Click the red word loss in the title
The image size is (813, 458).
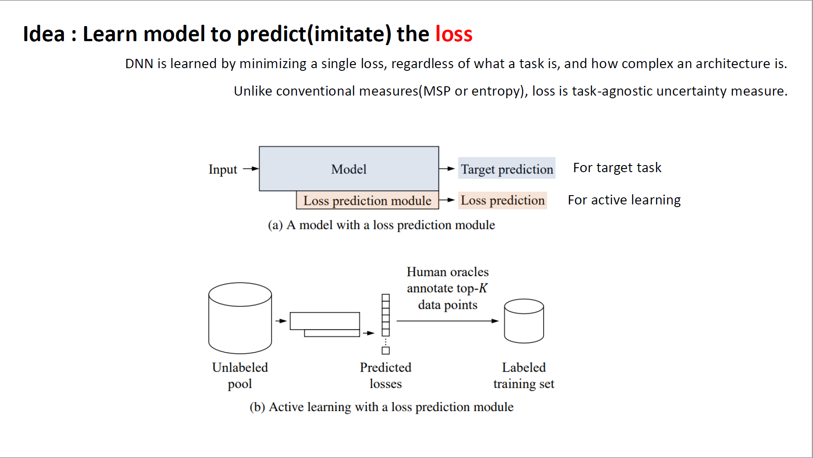(454, 34)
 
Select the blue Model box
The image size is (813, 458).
(349, 169)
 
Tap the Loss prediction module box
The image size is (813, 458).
(367, 200)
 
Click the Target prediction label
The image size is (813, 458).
(507, 169)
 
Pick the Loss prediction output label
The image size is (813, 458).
(502, 200)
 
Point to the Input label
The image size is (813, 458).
(223, 169)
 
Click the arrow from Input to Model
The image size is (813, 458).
(251, 169)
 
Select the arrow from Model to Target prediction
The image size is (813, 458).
(447, 169)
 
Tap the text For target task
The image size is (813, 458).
(617, 168)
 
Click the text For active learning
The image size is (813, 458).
(624, 200)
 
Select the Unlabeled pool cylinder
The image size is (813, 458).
(240, 318)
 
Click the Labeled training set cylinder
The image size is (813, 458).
(524, 321)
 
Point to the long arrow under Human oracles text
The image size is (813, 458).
(447, 321)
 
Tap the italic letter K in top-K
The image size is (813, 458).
(483, 288)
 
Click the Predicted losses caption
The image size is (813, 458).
(385, 375)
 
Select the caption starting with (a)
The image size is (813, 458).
(381, 225)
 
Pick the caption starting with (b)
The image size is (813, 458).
(381, 407)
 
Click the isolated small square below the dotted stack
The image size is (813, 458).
(385, 350)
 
